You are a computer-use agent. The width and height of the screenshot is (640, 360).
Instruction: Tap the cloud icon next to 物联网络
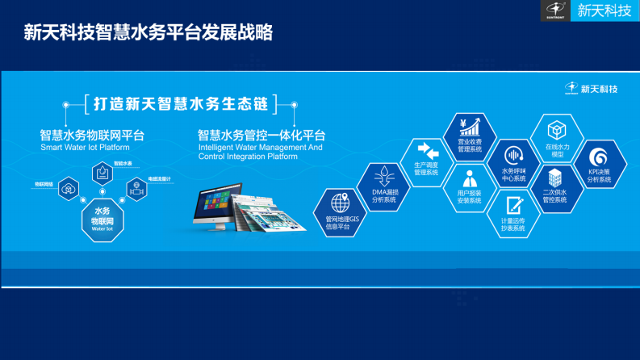(69, 189)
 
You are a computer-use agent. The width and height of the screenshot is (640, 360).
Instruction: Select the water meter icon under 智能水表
(102, 172)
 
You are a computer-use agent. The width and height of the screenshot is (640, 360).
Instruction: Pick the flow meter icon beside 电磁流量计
(136, 190)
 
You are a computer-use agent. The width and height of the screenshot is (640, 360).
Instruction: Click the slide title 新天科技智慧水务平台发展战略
(148, 32)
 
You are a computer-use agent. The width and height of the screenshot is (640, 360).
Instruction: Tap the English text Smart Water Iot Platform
(85, 148)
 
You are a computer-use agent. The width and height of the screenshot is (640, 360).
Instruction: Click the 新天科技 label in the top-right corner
(604, 10)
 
